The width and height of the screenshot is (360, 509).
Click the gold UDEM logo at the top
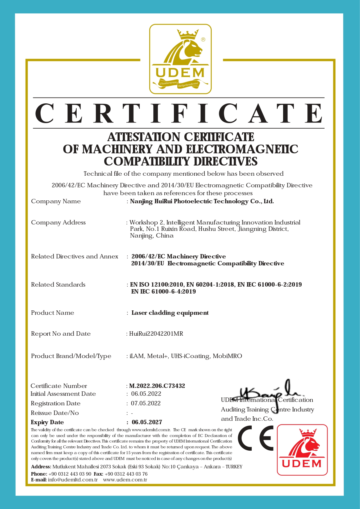180,59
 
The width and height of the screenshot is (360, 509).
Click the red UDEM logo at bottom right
302,450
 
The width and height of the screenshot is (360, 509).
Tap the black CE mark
256,438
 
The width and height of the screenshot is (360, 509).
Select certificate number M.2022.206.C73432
157,386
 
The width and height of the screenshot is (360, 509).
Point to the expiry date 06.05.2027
147,422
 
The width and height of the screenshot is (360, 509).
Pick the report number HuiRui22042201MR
156,334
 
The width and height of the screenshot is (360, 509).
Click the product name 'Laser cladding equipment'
170,313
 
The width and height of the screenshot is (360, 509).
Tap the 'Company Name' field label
56,201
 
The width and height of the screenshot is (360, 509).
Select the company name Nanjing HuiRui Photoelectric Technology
202,201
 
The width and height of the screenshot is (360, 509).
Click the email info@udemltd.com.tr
73,480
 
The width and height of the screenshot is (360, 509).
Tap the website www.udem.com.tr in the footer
125,480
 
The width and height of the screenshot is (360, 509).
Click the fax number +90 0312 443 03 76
126,474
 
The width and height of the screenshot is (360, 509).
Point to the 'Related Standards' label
58,285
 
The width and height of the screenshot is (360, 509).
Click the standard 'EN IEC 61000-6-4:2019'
164,292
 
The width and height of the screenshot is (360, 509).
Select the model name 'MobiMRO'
227,356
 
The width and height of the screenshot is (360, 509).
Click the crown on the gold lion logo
188,35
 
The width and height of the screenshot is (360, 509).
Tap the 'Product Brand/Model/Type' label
71,356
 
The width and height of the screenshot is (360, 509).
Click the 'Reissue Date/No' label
55,413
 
